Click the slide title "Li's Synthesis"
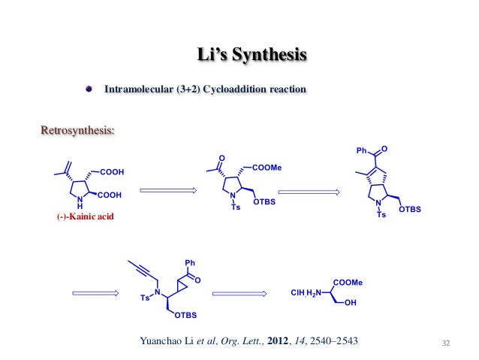click(x=251, y=56)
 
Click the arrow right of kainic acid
click(x=168, y=190)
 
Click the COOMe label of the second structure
click(x=267, y=168)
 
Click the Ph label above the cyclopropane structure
click(x=189, y=262)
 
